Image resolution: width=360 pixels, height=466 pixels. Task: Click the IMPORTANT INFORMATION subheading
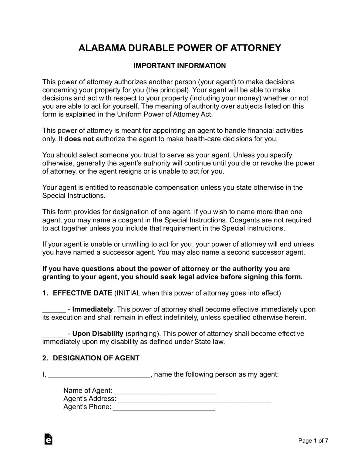tap(180, 66)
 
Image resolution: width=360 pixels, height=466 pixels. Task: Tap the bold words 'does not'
tap(79, 139)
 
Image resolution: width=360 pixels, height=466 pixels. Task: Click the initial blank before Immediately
tap(54, 310)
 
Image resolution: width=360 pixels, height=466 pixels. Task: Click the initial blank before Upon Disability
tap(54, 334)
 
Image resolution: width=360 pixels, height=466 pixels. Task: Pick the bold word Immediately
tap(93, 309)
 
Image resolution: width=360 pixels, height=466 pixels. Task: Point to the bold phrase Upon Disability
tap(98, 334)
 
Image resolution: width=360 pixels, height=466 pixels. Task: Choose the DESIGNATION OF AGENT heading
tap(96, 358)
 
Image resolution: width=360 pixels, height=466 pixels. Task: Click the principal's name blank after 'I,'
tap(99, 375)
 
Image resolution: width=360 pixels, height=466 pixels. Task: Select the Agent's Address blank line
tap(195, 399)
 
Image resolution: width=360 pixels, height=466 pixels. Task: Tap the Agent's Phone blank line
tap(164, 407)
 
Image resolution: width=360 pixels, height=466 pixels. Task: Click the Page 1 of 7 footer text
tap(313, 441)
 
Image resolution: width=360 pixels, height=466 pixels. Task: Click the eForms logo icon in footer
tap(48, 439)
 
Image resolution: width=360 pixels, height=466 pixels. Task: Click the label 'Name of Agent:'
tap(88, 390)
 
